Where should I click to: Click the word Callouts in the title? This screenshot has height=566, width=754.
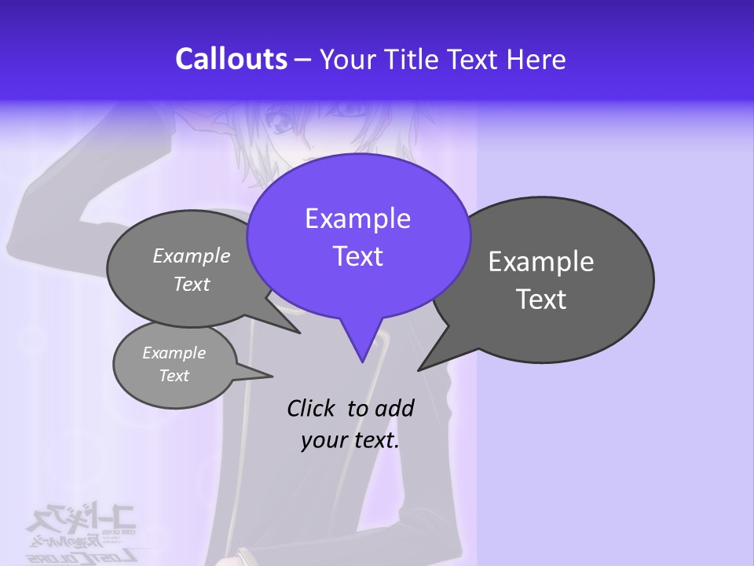coord(232,59)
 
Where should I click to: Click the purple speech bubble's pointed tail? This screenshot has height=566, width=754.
coord(361,346)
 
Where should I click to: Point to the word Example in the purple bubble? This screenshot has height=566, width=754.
coord(357,219)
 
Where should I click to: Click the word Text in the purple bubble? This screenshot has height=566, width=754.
coord(357,256)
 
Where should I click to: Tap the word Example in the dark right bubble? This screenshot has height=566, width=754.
coord(541,261)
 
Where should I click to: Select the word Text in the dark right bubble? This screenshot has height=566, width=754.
coord(541,300)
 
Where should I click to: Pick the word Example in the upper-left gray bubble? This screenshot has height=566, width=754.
coord(192,255)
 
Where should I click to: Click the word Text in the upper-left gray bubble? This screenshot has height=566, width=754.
coord(192,284)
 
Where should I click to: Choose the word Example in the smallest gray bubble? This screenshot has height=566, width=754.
coord(174,353)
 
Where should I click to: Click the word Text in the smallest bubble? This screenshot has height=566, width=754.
coord(174,376)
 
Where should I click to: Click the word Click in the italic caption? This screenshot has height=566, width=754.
coord(312,408)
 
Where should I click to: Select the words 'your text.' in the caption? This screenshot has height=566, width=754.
coord(350,440)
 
